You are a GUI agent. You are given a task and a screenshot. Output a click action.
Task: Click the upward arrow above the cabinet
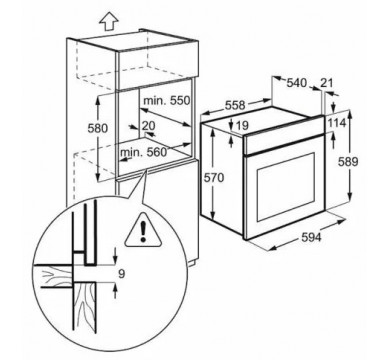(x=109, y=21)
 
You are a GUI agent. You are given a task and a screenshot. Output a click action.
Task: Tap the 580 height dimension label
(x=98, y=128)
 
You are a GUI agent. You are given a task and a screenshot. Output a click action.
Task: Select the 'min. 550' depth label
(x=166, y=100)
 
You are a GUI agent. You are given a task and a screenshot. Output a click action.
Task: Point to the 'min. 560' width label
(x=143, y=152)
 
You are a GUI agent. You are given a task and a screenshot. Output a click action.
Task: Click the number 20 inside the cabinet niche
(x=148, y=125)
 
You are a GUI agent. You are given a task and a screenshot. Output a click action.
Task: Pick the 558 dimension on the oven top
(x=235, y=105)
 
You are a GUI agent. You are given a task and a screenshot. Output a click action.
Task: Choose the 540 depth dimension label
(x=296, y=83)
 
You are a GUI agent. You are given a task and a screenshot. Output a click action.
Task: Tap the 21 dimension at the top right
(x=326, y=83)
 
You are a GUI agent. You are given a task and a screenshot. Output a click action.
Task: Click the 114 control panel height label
(x=336, y=123)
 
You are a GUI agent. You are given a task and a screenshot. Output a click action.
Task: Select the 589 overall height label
(x=348, y=162)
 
